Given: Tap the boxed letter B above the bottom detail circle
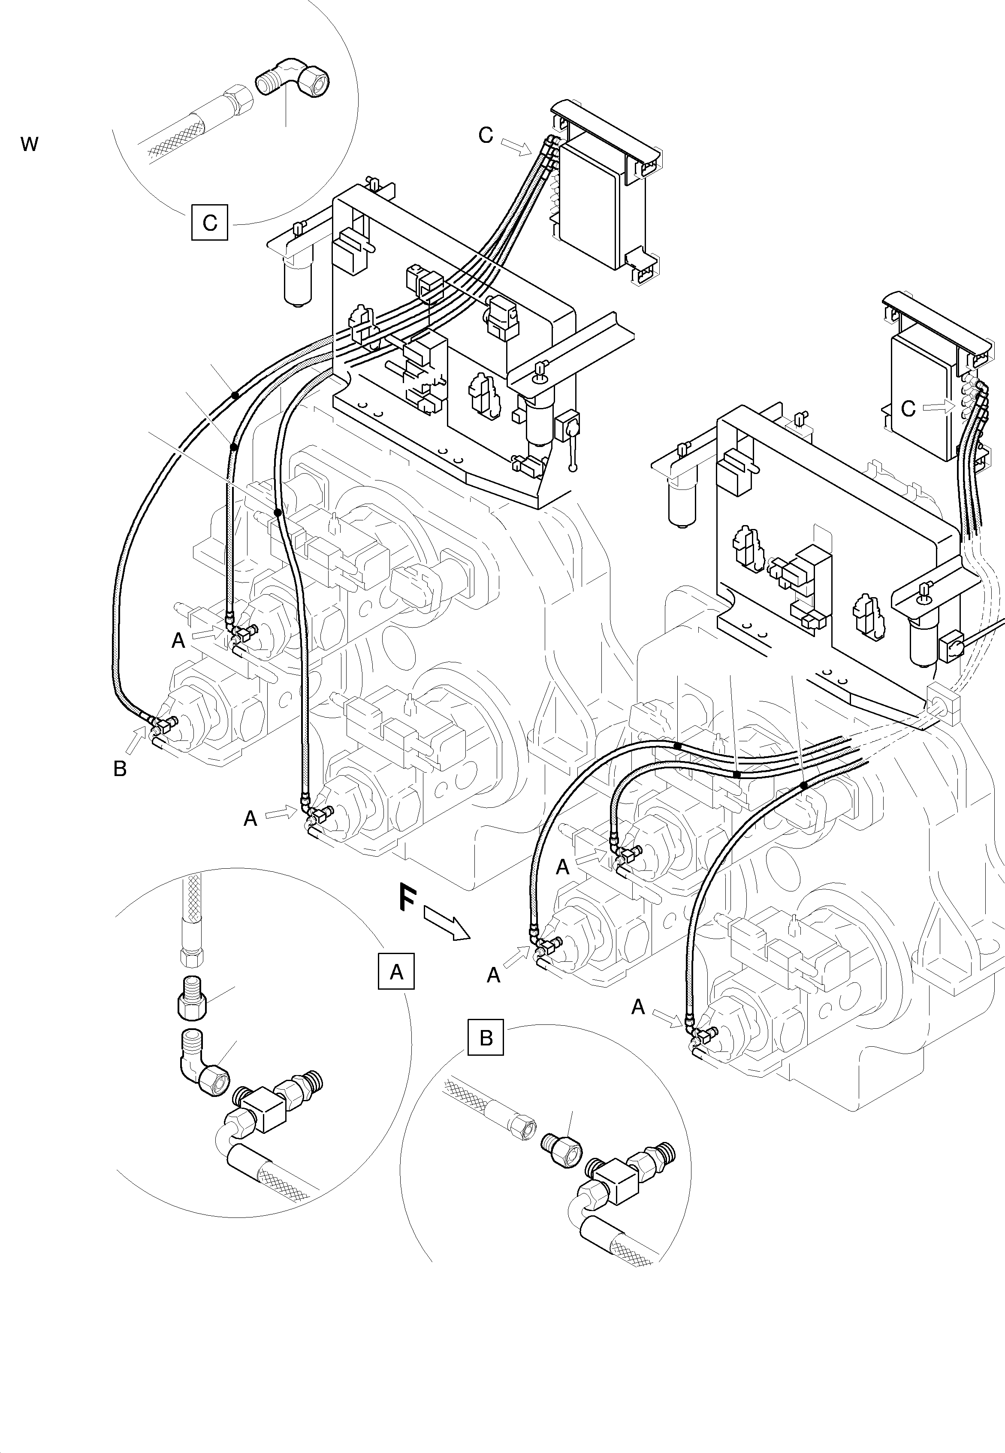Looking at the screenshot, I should click(x=486, y=1037).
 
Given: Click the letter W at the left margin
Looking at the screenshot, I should click(x=30, y=144).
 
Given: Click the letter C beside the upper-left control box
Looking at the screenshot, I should click(x=486, y=135).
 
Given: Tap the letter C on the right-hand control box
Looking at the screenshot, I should click(x=907, y=409).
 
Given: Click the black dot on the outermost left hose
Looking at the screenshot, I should click(x=234, y=396).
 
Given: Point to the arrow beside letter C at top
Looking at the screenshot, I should click(x=516, y=147).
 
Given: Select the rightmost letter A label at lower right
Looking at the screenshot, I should click(x=638, y=1008).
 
